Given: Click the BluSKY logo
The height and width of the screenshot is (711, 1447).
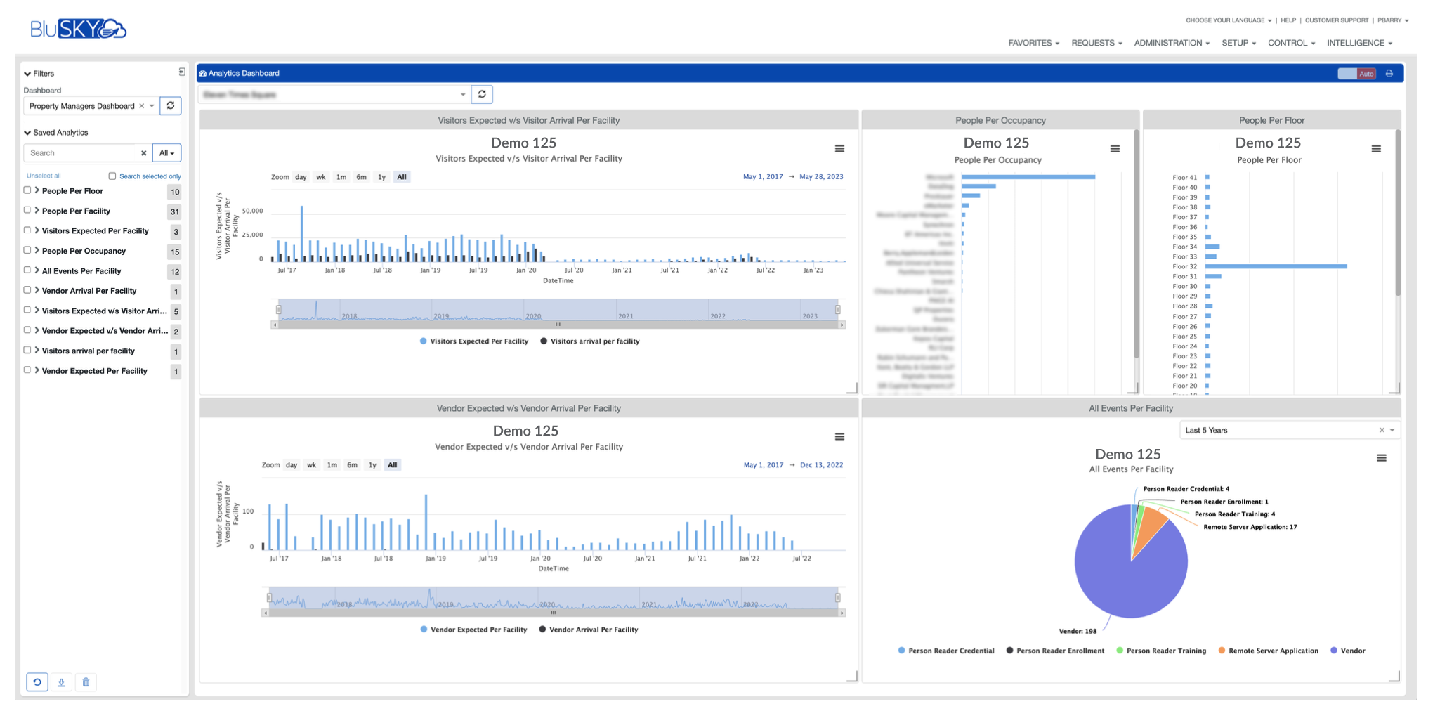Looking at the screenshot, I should pos(78,28).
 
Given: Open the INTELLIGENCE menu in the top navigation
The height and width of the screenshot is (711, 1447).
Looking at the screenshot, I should pos(1358,43).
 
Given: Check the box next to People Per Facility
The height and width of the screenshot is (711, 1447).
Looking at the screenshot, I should pos(27,210).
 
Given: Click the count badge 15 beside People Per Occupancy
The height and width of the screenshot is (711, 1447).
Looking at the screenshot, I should pos(175,252).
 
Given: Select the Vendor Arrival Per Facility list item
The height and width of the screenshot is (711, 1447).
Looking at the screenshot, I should pos(89,291).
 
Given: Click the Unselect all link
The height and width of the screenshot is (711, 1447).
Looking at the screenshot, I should pos(44,176).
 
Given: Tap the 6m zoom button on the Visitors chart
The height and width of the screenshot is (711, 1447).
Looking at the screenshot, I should pos(361,177).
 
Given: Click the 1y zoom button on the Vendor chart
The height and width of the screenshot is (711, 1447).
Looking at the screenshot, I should pos(372,465).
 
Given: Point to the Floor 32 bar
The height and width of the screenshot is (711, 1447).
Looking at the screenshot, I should pos(1276,266).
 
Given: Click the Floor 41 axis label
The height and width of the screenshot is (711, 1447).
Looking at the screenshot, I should pos(1184,178).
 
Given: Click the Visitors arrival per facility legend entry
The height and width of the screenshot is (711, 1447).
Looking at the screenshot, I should pos(594,341).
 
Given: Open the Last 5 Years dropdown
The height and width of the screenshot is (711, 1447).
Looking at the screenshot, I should pos(1288,430).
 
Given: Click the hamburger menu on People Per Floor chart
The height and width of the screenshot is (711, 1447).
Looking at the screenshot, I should pos(1376,149).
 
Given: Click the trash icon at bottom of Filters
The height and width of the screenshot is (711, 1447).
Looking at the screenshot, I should pos(86,682).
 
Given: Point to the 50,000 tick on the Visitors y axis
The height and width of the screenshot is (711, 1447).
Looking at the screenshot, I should pos(251,211).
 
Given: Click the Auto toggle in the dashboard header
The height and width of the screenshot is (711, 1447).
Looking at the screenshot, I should pos(1356,74).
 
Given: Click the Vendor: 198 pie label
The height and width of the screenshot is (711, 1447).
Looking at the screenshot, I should pos(1078,631).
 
